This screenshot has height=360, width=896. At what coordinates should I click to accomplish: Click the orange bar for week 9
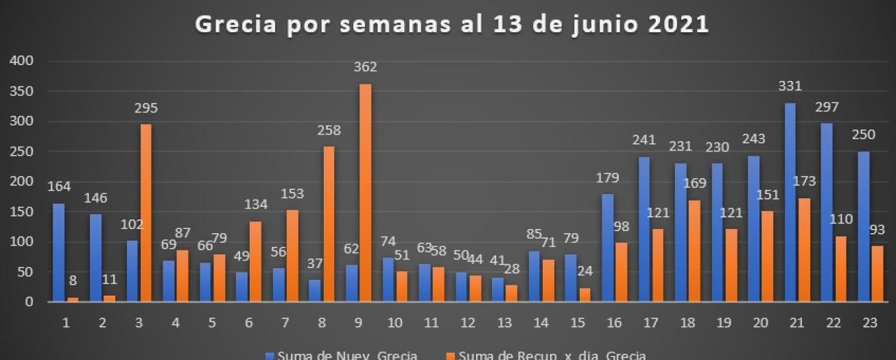(x=366, y=193)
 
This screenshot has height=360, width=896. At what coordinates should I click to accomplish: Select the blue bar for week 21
(x=790, y=202)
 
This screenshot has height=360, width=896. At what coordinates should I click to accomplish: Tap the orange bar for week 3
(x=146, y=213)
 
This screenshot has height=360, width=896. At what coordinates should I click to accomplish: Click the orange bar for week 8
(x=329, y=224)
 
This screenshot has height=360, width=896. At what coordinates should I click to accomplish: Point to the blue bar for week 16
(x=607, y=248)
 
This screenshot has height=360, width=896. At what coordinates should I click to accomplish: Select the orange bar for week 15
(x=585, y=295)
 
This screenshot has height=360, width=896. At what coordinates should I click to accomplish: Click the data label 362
(x=365, y=67)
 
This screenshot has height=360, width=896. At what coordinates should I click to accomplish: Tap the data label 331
(x=790, y=86)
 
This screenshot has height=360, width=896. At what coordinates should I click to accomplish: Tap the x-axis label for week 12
(x=469, y=322)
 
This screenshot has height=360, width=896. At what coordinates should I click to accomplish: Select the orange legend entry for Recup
(x=545, y=355)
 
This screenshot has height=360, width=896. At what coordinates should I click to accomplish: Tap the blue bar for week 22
(x=827, y=213)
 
